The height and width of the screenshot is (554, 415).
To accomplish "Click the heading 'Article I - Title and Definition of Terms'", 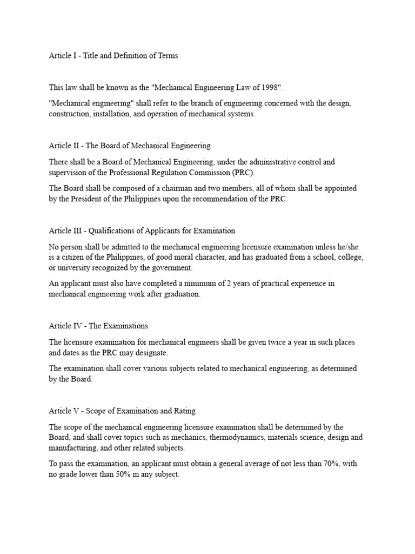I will [113, 55].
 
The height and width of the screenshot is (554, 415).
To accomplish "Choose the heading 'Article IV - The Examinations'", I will [98, 326].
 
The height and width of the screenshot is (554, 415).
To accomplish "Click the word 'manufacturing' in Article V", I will [73, 449].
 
